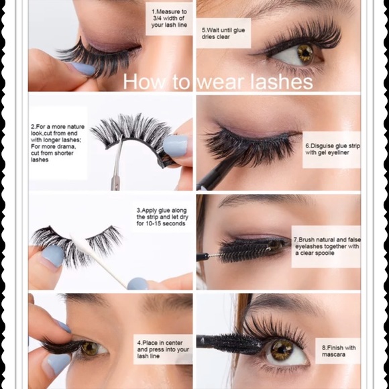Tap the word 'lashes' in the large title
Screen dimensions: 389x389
[x=284, y=82]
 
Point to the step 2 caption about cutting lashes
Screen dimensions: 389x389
[x=58, y=142]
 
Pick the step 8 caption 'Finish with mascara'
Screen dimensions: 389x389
[x=337, y=351]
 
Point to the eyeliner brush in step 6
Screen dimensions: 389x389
[x=213, y=174]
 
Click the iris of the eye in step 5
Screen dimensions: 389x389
[x=305, y=54]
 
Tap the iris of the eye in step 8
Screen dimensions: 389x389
[x=282, y=349]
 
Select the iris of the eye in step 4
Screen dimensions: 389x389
[x=89, y=348]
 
